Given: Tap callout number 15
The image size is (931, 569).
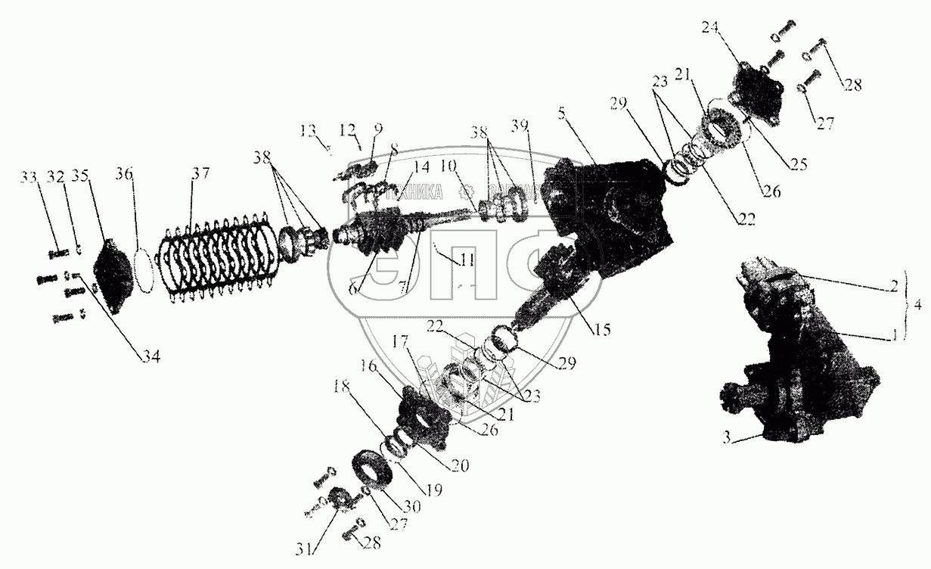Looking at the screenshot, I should pyautogui.click(x=603, y=330).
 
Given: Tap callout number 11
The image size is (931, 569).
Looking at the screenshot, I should pyautogui.click(x=467, y=260).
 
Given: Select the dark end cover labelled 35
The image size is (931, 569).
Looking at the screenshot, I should pyautogui.click(x=114, y=275).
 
